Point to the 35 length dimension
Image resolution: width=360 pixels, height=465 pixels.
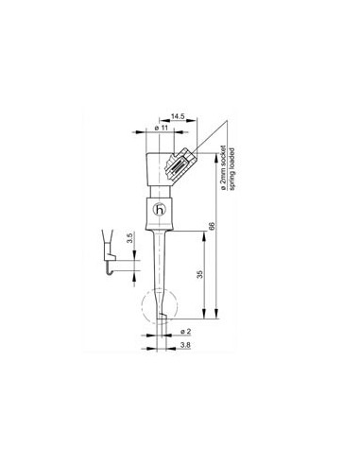[x=197, y=273]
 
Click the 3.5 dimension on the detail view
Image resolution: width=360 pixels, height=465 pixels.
[x=115, y=236]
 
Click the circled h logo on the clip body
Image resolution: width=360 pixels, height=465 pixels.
[x=159, y=211]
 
